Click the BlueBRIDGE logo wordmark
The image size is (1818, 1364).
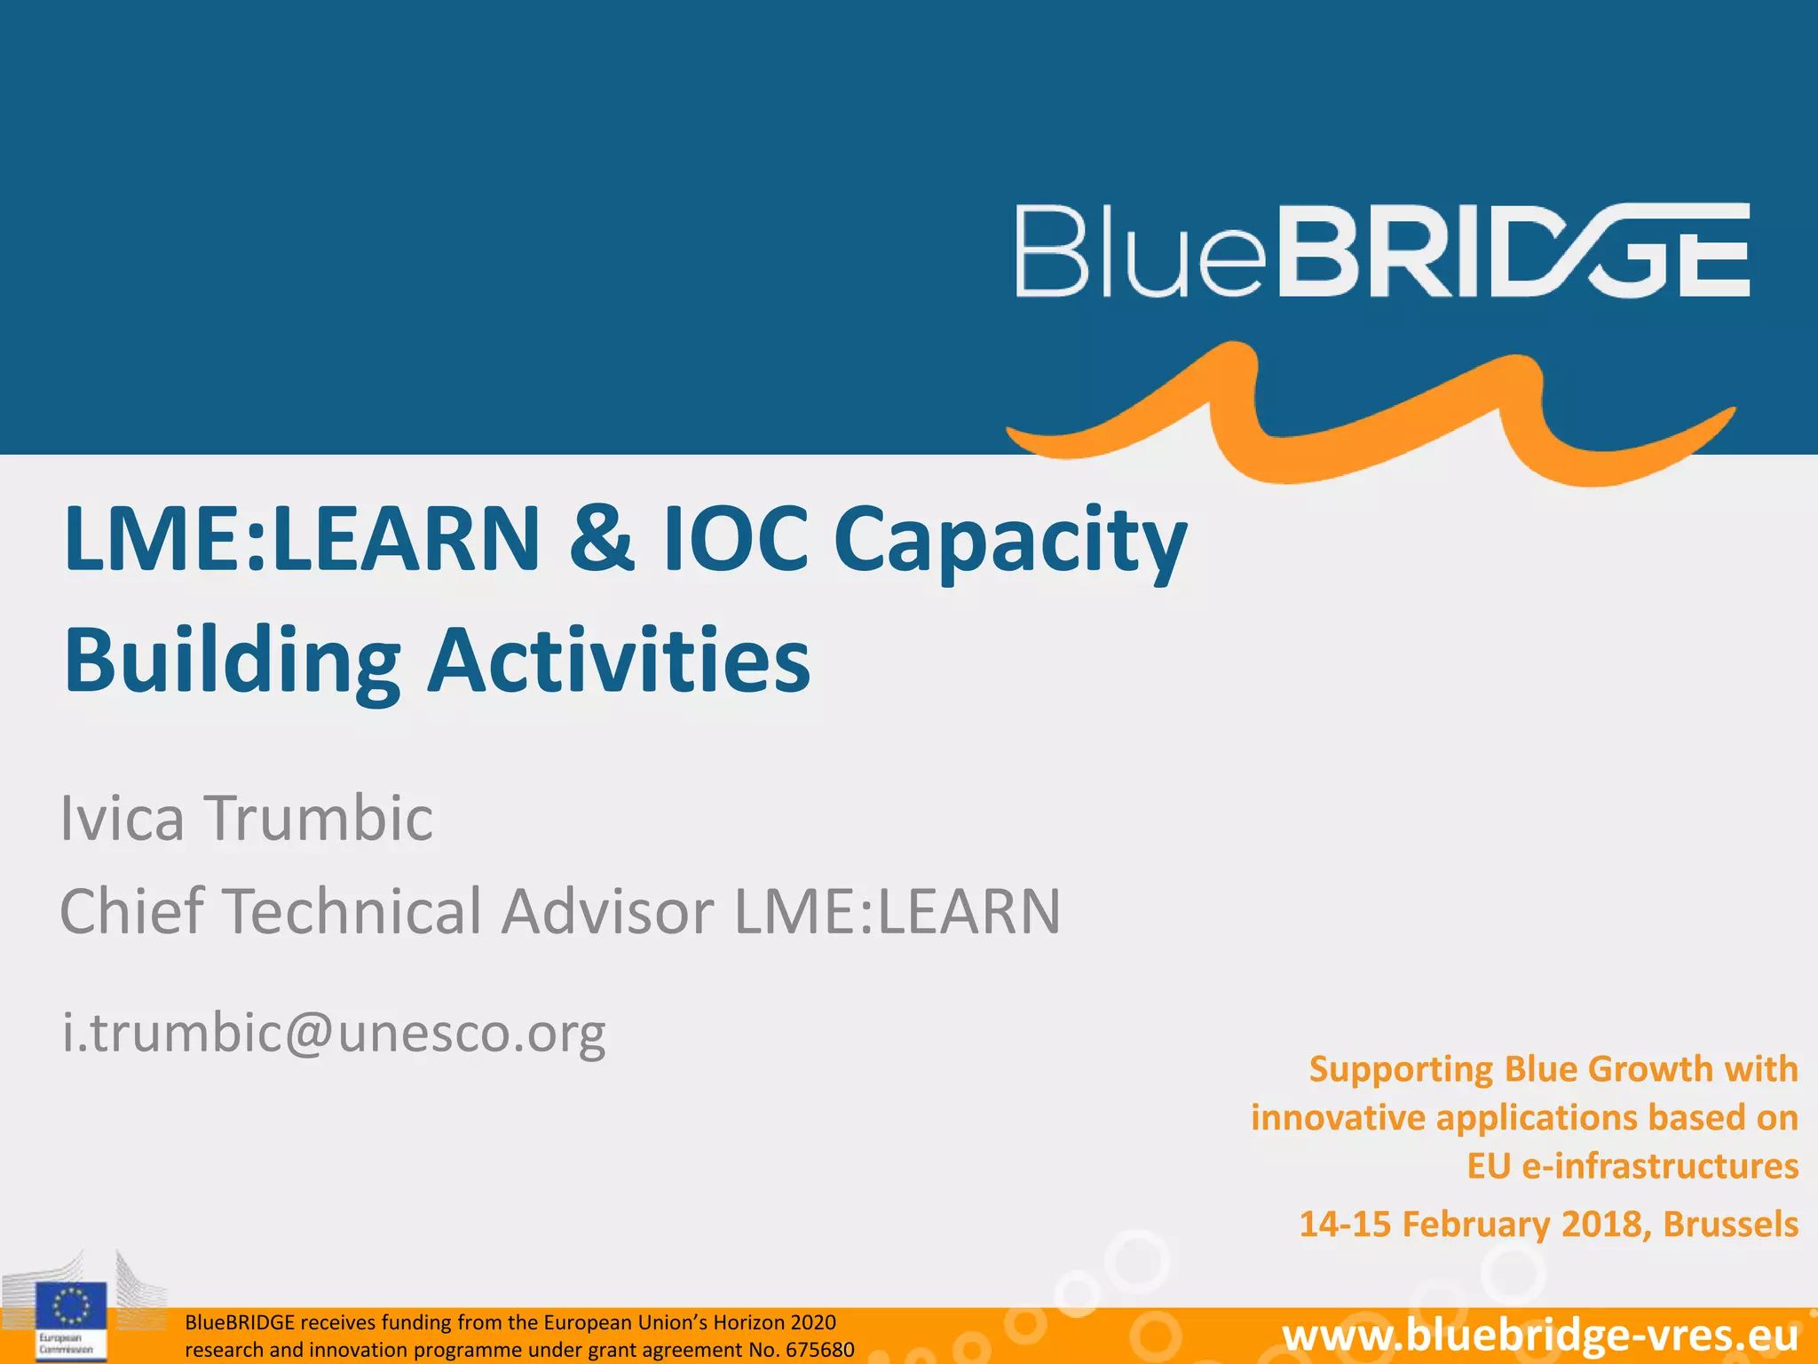coord(1381,250)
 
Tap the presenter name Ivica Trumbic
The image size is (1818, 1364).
coord(247,817)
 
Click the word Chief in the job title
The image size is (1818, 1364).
coord(132,911)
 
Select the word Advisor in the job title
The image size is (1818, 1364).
coord(607,911)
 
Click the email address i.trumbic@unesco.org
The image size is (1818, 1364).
coord(334,1033)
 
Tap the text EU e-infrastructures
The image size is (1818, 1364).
coord(1632,1166)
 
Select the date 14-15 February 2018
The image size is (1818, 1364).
coord(1474,1224)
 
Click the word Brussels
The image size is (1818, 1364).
coord(1730,1224)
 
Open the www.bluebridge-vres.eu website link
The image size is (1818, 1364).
coord(1540,1336)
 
